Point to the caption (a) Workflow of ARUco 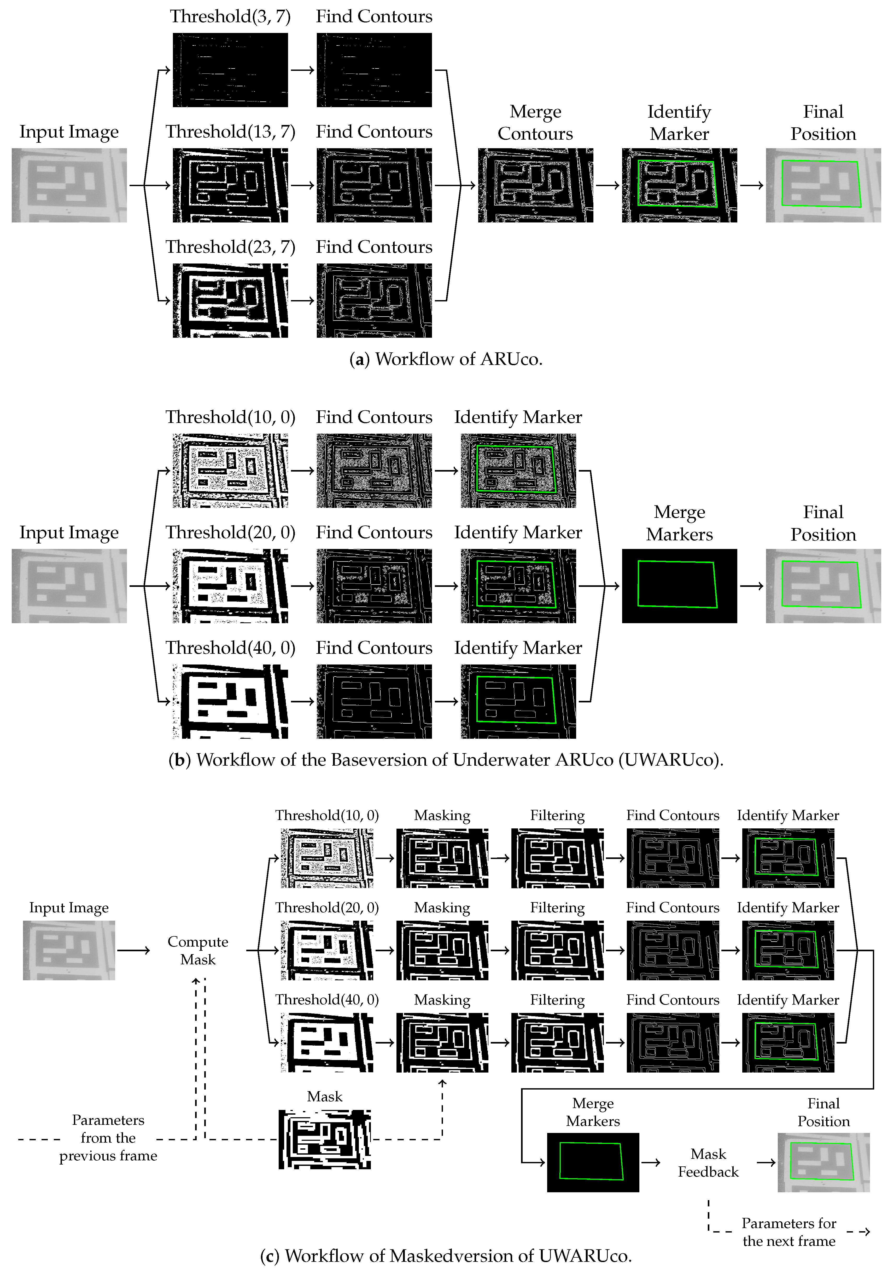click(x=446, y=359)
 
